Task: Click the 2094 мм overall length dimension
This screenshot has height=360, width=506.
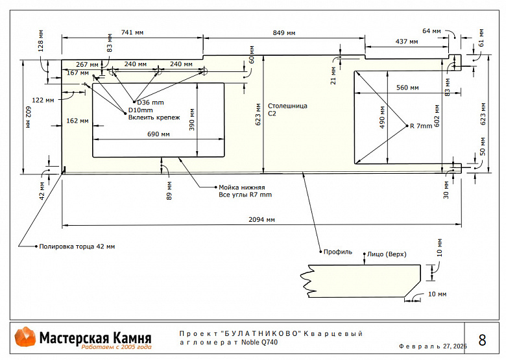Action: (261, 220)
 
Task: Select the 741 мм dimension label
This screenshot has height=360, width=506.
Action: (132, 32)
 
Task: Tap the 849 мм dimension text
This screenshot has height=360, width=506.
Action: (284, 32)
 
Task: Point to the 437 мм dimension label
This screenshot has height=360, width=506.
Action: (406, 42)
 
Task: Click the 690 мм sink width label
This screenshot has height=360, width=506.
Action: (158, 134)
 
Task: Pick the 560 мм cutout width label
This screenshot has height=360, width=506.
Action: (407, 88)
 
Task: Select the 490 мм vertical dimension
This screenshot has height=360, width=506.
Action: (383, 121)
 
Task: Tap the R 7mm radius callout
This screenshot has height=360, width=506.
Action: (420, 126)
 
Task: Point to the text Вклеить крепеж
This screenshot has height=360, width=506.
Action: (154, 118)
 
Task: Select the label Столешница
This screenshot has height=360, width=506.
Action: (287, 105)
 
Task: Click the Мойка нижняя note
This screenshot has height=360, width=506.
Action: (241, 187)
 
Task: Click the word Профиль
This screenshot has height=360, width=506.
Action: (338, 251)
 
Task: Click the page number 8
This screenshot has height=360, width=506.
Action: (482, 340)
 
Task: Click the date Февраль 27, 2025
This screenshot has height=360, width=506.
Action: (433, 346)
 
